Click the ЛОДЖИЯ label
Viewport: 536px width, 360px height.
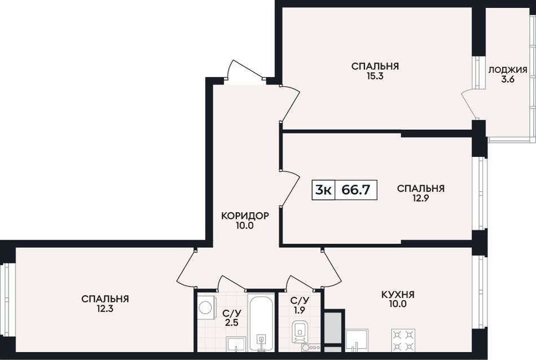pos(508,70)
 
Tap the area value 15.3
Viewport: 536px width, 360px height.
pos(375,76)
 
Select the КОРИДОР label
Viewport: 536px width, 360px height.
pos(245,216)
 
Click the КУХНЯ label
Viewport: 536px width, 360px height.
pos(398,295)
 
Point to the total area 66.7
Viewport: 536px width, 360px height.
pos(356,190)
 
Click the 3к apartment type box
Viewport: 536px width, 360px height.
pos(323,190)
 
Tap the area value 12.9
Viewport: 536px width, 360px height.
pos(421,199)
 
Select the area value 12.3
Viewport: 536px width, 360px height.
pos(105,309)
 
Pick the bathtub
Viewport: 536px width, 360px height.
pos(261,322)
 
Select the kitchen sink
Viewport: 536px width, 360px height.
pos(357,340)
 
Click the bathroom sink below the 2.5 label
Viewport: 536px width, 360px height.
pos(236,344)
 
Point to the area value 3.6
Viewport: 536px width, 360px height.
pos(508,80)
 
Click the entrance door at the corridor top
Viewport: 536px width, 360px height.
pos(245,70)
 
